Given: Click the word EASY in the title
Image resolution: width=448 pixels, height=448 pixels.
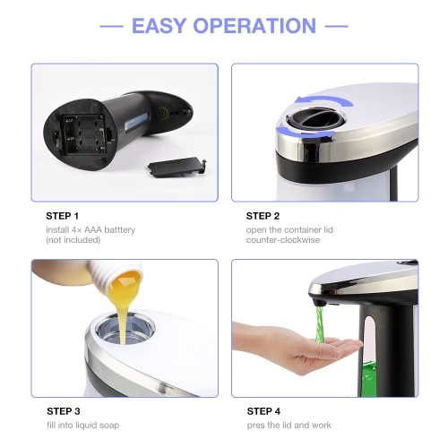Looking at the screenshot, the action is tap(159, 26).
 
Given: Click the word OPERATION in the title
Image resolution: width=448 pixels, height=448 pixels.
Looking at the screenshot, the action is tap(254, 26).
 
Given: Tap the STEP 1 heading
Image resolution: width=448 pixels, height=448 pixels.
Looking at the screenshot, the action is tap(62, 216).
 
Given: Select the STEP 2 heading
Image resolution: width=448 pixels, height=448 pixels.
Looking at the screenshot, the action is tap(263, 216).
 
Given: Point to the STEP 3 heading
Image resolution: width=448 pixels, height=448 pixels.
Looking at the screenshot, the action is tap(64, 411).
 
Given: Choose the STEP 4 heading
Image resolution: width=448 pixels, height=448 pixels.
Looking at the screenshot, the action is tap(263, 411).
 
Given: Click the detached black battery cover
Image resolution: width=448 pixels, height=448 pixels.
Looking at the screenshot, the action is tap(177, 168).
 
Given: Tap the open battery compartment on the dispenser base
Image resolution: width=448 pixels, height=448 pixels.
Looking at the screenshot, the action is tap(84, 134).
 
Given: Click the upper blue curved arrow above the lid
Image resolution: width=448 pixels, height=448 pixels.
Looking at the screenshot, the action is tap(324, 99).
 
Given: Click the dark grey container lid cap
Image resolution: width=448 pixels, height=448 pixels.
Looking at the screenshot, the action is tap(316, 119).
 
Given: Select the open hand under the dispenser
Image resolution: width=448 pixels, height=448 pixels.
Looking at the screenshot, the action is tap(298, 347).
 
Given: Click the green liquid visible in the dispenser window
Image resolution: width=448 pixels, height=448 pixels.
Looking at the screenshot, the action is tap(368, 379).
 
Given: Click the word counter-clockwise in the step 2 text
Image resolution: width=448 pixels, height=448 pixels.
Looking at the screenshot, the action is tap(283, 240).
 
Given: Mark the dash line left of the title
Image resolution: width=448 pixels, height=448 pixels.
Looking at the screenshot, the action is tap(111, 26).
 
